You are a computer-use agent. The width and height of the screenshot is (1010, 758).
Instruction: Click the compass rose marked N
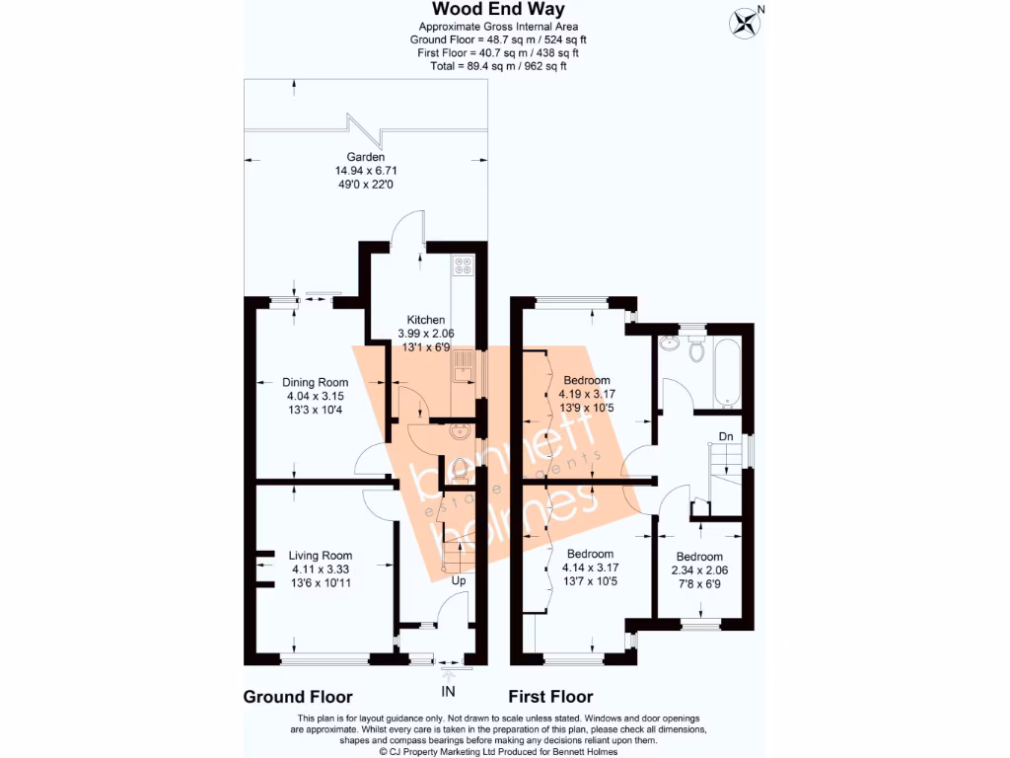point(746,21)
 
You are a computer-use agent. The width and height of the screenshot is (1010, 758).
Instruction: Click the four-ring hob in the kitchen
point(462,265)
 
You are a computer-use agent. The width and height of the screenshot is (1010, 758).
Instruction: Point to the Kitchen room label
point(426,320)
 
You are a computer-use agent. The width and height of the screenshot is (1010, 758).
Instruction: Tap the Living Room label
point(321,556)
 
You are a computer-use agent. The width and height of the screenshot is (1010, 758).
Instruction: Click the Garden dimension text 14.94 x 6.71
point(365,171)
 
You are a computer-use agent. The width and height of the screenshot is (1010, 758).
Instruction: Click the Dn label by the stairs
point(725,436)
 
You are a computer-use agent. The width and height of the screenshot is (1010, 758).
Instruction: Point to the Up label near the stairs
point(459,581)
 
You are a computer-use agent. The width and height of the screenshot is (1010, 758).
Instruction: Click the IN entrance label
point(449,690)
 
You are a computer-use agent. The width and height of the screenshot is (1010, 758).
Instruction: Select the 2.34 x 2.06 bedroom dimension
point(698,570)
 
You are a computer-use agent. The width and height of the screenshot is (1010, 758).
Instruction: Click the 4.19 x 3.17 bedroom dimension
point(588,394)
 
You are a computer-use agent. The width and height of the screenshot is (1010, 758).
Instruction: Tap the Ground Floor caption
point(297,697)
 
